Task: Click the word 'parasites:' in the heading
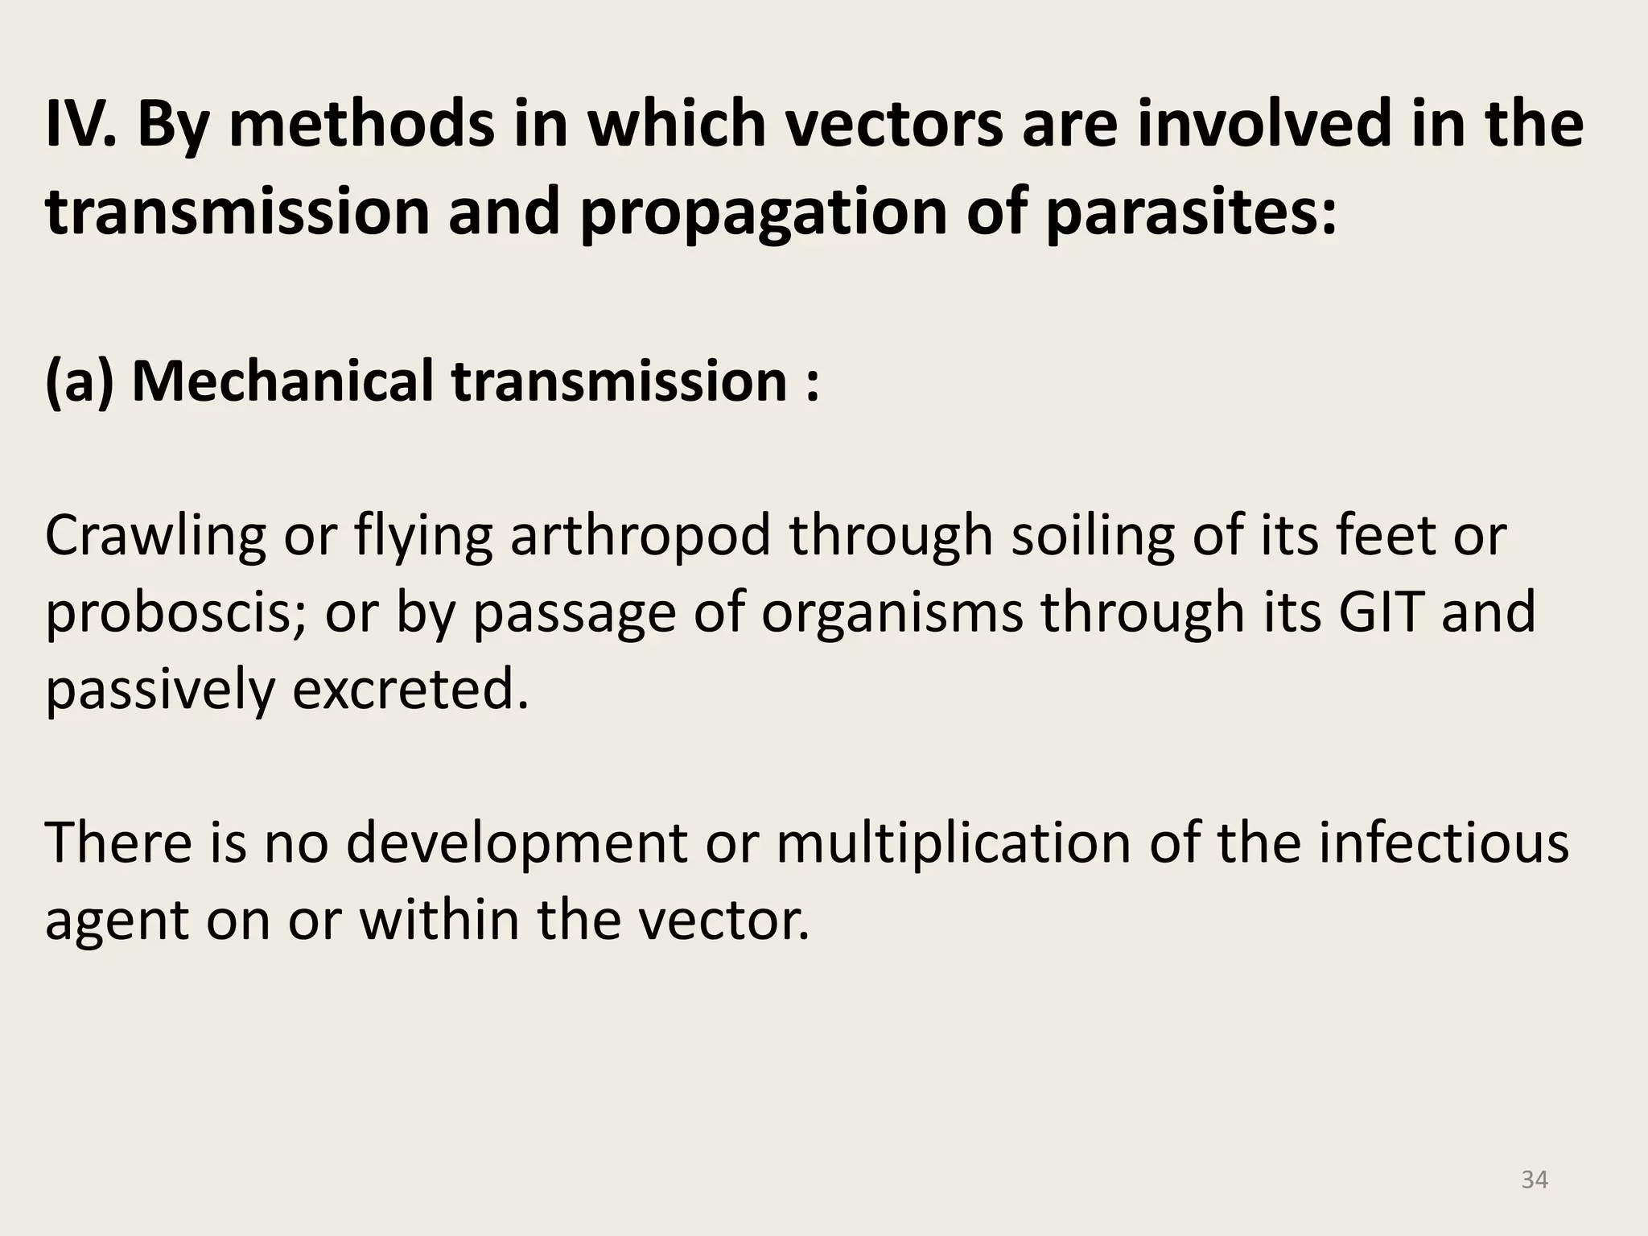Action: [x=1192, y=213]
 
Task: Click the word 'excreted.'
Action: [x=410, y=690]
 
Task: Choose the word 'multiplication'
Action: [x=954, y=843]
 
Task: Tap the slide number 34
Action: [x=1535, y=1180]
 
